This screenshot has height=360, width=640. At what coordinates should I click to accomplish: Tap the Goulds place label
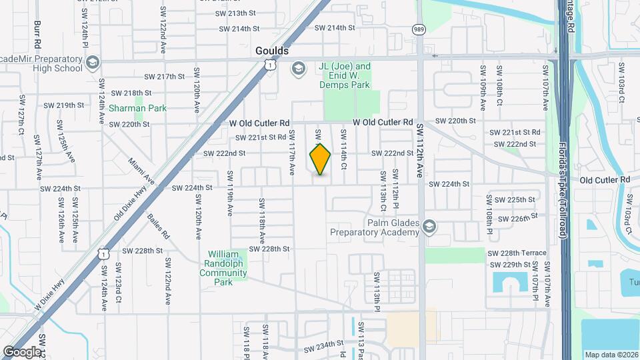click(272, 51)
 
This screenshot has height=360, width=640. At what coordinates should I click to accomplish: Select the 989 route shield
click(419, 29)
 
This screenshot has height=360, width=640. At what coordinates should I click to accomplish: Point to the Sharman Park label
click(137, 108)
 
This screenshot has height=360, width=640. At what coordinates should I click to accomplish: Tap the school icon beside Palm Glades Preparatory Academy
click(429, 227)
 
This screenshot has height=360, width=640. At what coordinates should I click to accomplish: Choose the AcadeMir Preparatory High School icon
click(91, 63)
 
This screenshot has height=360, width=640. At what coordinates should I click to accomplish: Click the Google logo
click(22, 351)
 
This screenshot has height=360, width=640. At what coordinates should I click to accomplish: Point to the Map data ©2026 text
click(611, 355)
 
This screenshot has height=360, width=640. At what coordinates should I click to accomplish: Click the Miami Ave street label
click(141, 171)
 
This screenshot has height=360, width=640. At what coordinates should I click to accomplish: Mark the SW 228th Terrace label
click(517, 253)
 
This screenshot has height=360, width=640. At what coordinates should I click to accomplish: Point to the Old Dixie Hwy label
click(130, 202)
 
